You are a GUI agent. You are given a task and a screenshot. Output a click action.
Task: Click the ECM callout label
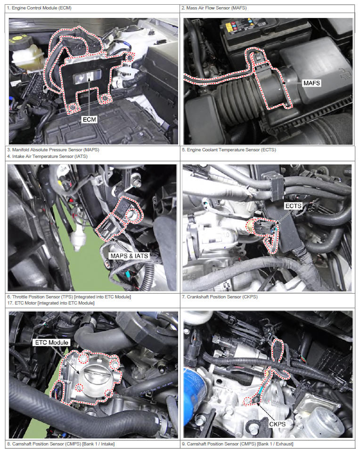click(89, 119)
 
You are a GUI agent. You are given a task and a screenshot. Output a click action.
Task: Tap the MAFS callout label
click(312, 83)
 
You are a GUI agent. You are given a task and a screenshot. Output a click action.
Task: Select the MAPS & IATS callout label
click(129, 255)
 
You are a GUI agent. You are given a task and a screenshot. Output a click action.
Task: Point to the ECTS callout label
click(293, 206)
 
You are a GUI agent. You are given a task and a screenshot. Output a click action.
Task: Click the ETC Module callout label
click(52, 342)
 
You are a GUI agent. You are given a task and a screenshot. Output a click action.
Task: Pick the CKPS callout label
click(277, 424)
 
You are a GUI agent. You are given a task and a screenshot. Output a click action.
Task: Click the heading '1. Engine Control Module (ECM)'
click(39, 8)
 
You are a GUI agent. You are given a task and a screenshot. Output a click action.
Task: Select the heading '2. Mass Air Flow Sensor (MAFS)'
click(214, 8)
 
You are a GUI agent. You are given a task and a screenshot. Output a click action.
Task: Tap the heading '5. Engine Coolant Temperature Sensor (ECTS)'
click(229, 149)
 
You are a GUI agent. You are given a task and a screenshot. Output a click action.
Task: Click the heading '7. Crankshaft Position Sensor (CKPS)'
click(220, 297)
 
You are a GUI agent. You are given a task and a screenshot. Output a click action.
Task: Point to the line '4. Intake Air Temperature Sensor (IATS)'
click(47, 156)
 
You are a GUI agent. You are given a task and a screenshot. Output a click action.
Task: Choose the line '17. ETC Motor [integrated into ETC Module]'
click(51, 303)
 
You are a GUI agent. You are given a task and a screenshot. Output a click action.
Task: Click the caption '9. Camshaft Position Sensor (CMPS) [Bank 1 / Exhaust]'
click(237, 444)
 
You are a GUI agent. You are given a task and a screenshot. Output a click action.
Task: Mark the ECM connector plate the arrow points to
click(88, 77)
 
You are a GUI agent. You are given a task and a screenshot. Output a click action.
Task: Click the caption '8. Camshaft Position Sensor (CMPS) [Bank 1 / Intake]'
click(61, 444)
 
